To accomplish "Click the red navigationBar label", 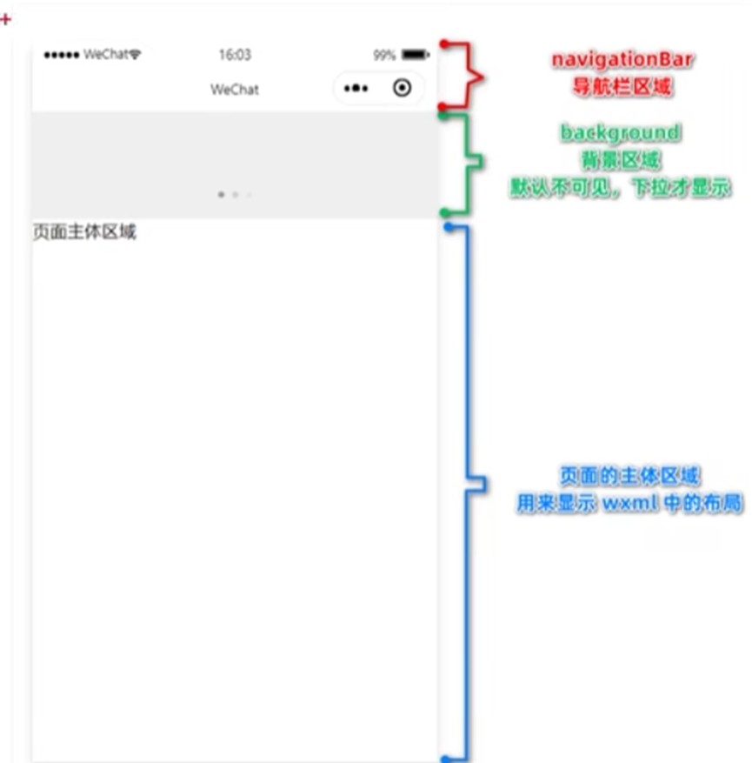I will [x=621, y=60].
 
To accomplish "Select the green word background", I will [x=620, y=132].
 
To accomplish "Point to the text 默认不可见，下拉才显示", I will [x=620, y=188].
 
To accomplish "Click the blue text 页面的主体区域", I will [x=629, y=476].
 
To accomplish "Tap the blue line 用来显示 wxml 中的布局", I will [x=629, y=504].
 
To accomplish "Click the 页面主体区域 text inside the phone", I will [x=84, y=232].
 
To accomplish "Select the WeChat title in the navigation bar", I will [x=234, y=90].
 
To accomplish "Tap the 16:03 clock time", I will [x=234, y=55].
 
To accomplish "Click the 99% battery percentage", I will [x=384, y=55].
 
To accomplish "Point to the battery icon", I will [x=415, y=55].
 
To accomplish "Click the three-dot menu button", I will [x=356, y=89].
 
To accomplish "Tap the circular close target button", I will [x=402, y=88].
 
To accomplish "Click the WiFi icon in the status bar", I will [x=135, y=55].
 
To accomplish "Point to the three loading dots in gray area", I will [x=235, y=195].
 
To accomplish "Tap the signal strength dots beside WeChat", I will [x=62, y=55].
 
